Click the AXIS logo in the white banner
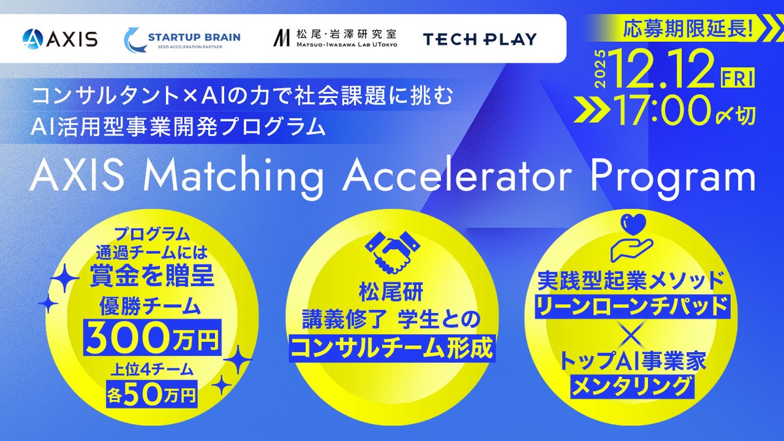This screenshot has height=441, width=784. pos(60,39)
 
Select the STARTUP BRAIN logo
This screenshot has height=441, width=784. pos(183,39)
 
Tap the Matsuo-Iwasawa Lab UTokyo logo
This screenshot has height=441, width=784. pos(335,38)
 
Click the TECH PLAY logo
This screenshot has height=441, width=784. pos(480,39)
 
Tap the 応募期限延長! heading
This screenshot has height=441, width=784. pos(688,29)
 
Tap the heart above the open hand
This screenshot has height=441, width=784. pos(632,224)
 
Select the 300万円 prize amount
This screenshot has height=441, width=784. pos(153,337)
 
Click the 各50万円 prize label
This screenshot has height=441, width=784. pos(152,395)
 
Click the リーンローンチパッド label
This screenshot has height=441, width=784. pos(632,306)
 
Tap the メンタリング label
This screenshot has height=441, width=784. pos(632,386)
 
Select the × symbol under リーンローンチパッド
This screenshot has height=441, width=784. pos(632,336)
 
